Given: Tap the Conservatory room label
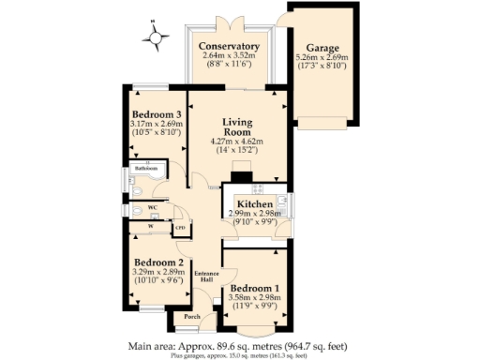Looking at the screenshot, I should (x=231, y=46).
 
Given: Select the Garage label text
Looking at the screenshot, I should (x=322, y=47).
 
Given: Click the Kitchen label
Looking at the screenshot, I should (x=254, y=204).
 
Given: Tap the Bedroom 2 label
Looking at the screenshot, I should (x=157, y=262).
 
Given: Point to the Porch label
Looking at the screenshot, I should (x=193, y=317).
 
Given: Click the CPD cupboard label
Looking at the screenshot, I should (x=180, y=227).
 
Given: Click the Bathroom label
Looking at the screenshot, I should (x=146, y=168).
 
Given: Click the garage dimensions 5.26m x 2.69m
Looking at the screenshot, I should (x=322, y=57).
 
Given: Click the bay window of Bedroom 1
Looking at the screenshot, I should (x=255, y=331).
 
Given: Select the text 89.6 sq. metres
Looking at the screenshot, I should (x=264, y=344).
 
